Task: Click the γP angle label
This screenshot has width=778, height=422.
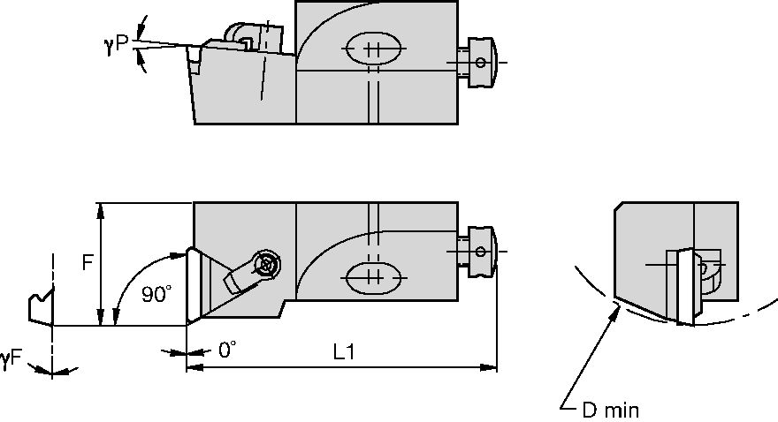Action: [x=116, y=45]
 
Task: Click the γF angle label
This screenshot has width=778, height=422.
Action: [x=11, y=358]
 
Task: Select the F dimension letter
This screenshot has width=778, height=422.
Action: [x=88, y=263]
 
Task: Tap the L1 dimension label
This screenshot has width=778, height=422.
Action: [x=344, y=350]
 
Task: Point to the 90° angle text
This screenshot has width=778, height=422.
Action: [x=156, y=296]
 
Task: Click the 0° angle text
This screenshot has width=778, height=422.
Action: [x=227, y=350]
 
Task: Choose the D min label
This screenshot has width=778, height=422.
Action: [x=611, y=410]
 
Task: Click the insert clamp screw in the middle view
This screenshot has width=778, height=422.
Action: [x=265, y=263]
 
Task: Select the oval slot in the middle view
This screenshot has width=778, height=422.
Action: [x=371, y=279]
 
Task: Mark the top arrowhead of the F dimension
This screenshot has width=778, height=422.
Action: [x=103, y=210]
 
